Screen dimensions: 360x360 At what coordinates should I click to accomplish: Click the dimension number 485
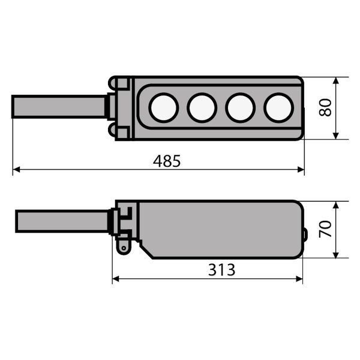pos(167,161)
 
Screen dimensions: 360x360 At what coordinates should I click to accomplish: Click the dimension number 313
pos(221,270)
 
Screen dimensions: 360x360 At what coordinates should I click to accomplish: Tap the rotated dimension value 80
pos(326,107)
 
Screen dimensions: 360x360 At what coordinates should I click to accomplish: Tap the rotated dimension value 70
pos(326,229)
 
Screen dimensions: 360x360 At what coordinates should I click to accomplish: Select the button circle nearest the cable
pos(164,107)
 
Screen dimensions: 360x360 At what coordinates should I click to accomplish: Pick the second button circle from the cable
pos(202,107)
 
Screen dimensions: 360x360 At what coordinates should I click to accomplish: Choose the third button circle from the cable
pos(241,107)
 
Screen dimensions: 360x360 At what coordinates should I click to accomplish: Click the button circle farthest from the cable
pos(279,107)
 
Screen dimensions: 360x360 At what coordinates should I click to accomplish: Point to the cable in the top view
pos(59,107)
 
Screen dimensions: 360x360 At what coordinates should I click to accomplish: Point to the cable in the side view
pos(62,221)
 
